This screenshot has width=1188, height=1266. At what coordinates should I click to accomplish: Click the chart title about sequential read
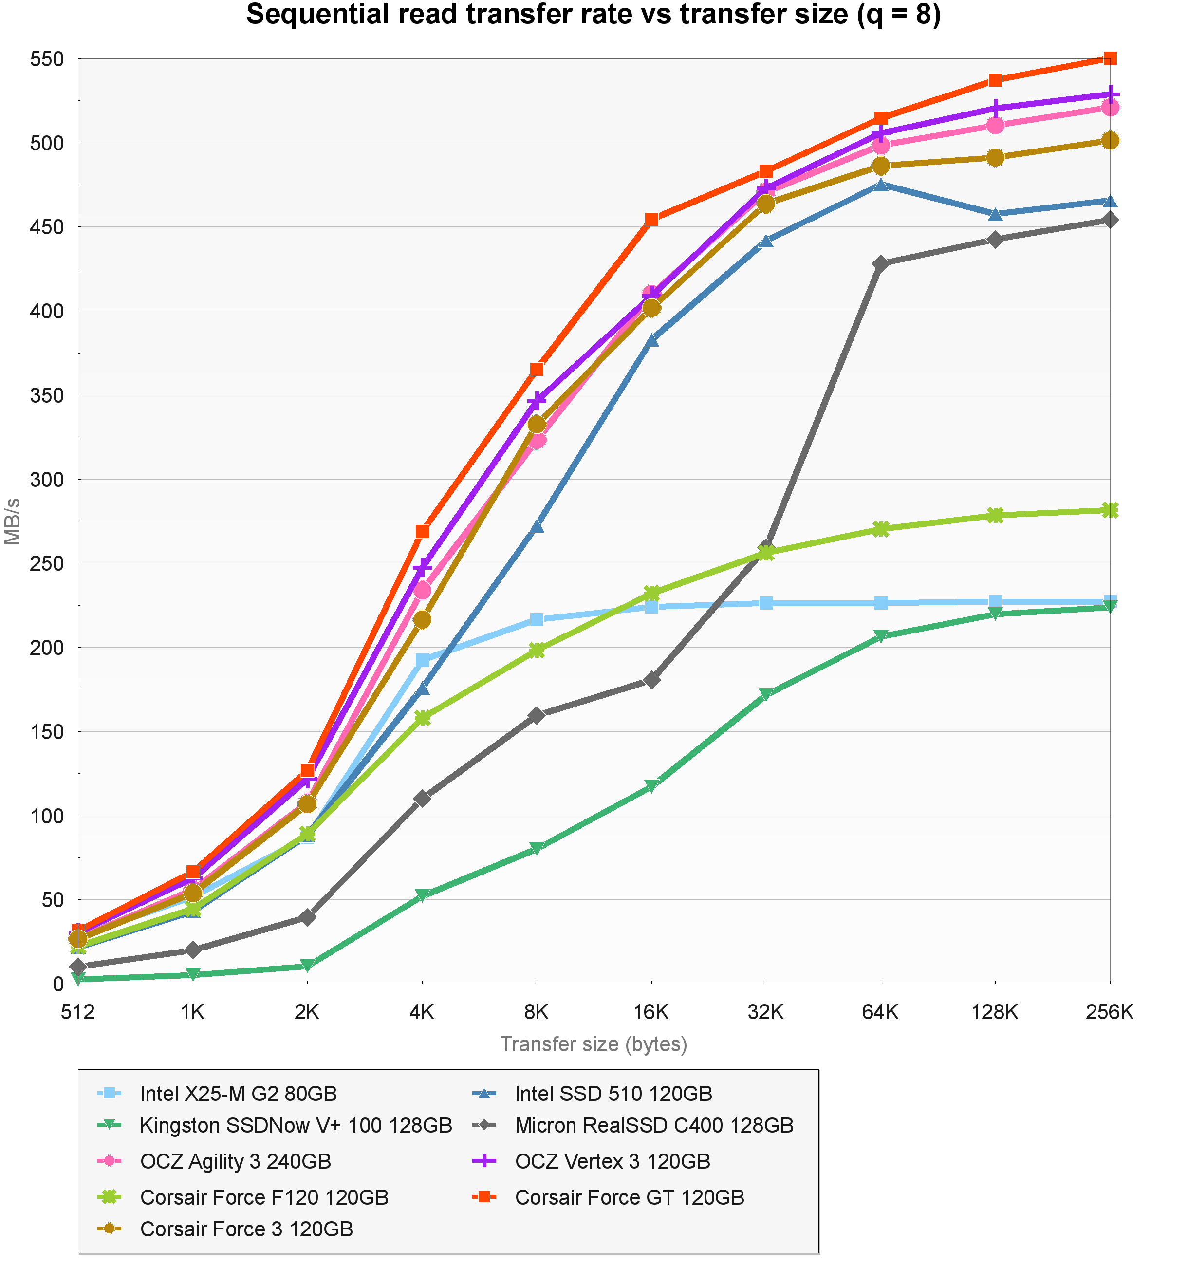594,15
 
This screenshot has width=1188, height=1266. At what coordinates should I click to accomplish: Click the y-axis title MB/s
13,521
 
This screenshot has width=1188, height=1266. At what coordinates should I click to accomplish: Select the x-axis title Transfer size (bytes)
594,1044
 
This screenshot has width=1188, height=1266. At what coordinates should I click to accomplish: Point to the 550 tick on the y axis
47,59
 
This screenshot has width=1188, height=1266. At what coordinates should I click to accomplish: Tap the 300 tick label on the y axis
47,480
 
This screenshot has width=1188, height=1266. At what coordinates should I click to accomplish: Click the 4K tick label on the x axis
422,1012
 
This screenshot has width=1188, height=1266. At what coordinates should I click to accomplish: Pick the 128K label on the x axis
995,1012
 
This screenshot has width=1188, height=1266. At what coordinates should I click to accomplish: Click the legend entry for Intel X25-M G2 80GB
238,1094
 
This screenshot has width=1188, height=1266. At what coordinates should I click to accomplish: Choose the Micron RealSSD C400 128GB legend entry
654,1126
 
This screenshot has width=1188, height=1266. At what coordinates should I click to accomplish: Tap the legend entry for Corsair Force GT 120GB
630,1198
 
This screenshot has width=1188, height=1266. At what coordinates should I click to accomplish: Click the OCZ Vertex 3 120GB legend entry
613,1162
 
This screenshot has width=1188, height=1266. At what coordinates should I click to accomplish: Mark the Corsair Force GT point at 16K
651,220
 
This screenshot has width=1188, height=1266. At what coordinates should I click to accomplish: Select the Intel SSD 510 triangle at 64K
880,185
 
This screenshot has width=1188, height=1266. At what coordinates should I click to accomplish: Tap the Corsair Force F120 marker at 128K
995,515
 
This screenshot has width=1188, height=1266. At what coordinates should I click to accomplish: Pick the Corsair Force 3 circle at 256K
1110,141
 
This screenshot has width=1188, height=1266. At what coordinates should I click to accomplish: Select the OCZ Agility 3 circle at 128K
995,126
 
